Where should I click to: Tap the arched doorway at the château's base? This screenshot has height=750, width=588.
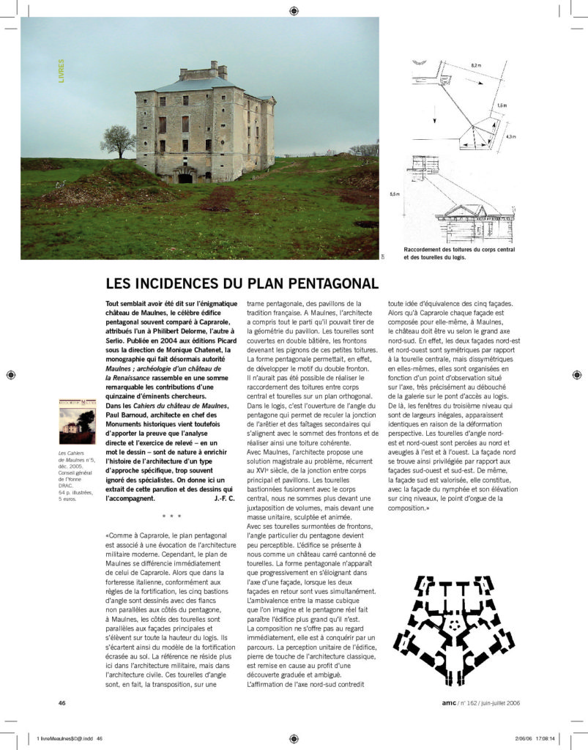pos(185,177)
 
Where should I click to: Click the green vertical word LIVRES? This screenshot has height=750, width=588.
pos(62,70)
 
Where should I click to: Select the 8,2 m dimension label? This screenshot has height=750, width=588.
pos(476,66)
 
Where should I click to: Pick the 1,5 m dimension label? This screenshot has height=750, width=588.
pos(502,105)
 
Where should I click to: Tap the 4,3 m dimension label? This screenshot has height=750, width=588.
pos(510,135)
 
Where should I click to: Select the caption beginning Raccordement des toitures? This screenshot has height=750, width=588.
pos(459,253)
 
